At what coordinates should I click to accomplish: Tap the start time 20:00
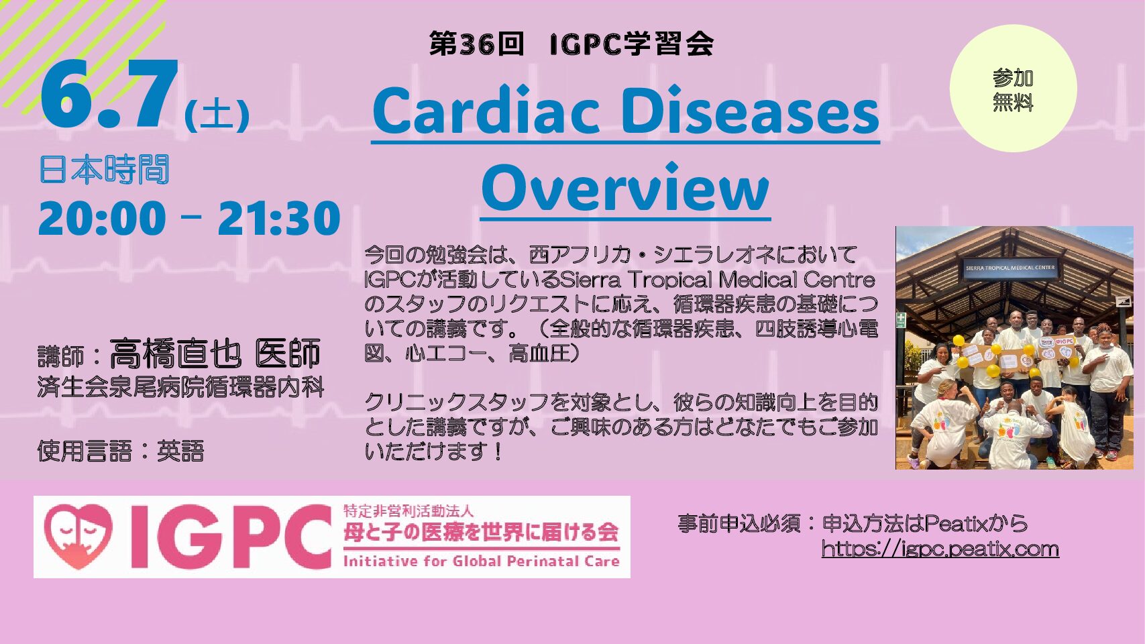tap(102, 218)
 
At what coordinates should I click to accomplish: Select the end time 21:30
tap(279, 218)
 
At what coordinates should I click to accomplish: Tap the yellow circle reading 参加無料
tap(1013, 89)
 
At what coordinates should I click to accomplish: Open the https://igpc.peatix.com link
tap(940, 549)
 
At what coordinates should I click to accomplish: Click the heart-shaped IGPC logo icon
tap(78, 537)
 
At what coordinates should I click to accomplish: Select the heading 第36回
tap(477, 45)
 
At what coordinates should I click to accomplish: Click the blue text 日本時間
tap(104, 170)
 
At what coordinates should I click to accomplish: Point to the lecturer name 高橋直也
tap(175, 354)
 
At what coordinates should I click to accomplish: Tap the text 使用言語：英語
tap(121, 451)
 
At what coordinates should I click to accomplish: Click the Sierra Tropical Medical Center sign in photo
tap(1011, 268)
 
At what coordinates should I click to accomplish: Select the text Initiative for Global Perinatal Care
tap(481, 561)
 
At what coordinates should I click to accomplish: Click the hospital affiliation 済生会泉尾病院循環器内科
tap(181, 388)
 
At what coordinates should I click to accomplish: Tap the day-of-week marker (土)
tap(217, 115)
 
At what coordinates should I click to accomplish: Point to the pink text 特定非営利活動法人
tap(408, 511)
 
